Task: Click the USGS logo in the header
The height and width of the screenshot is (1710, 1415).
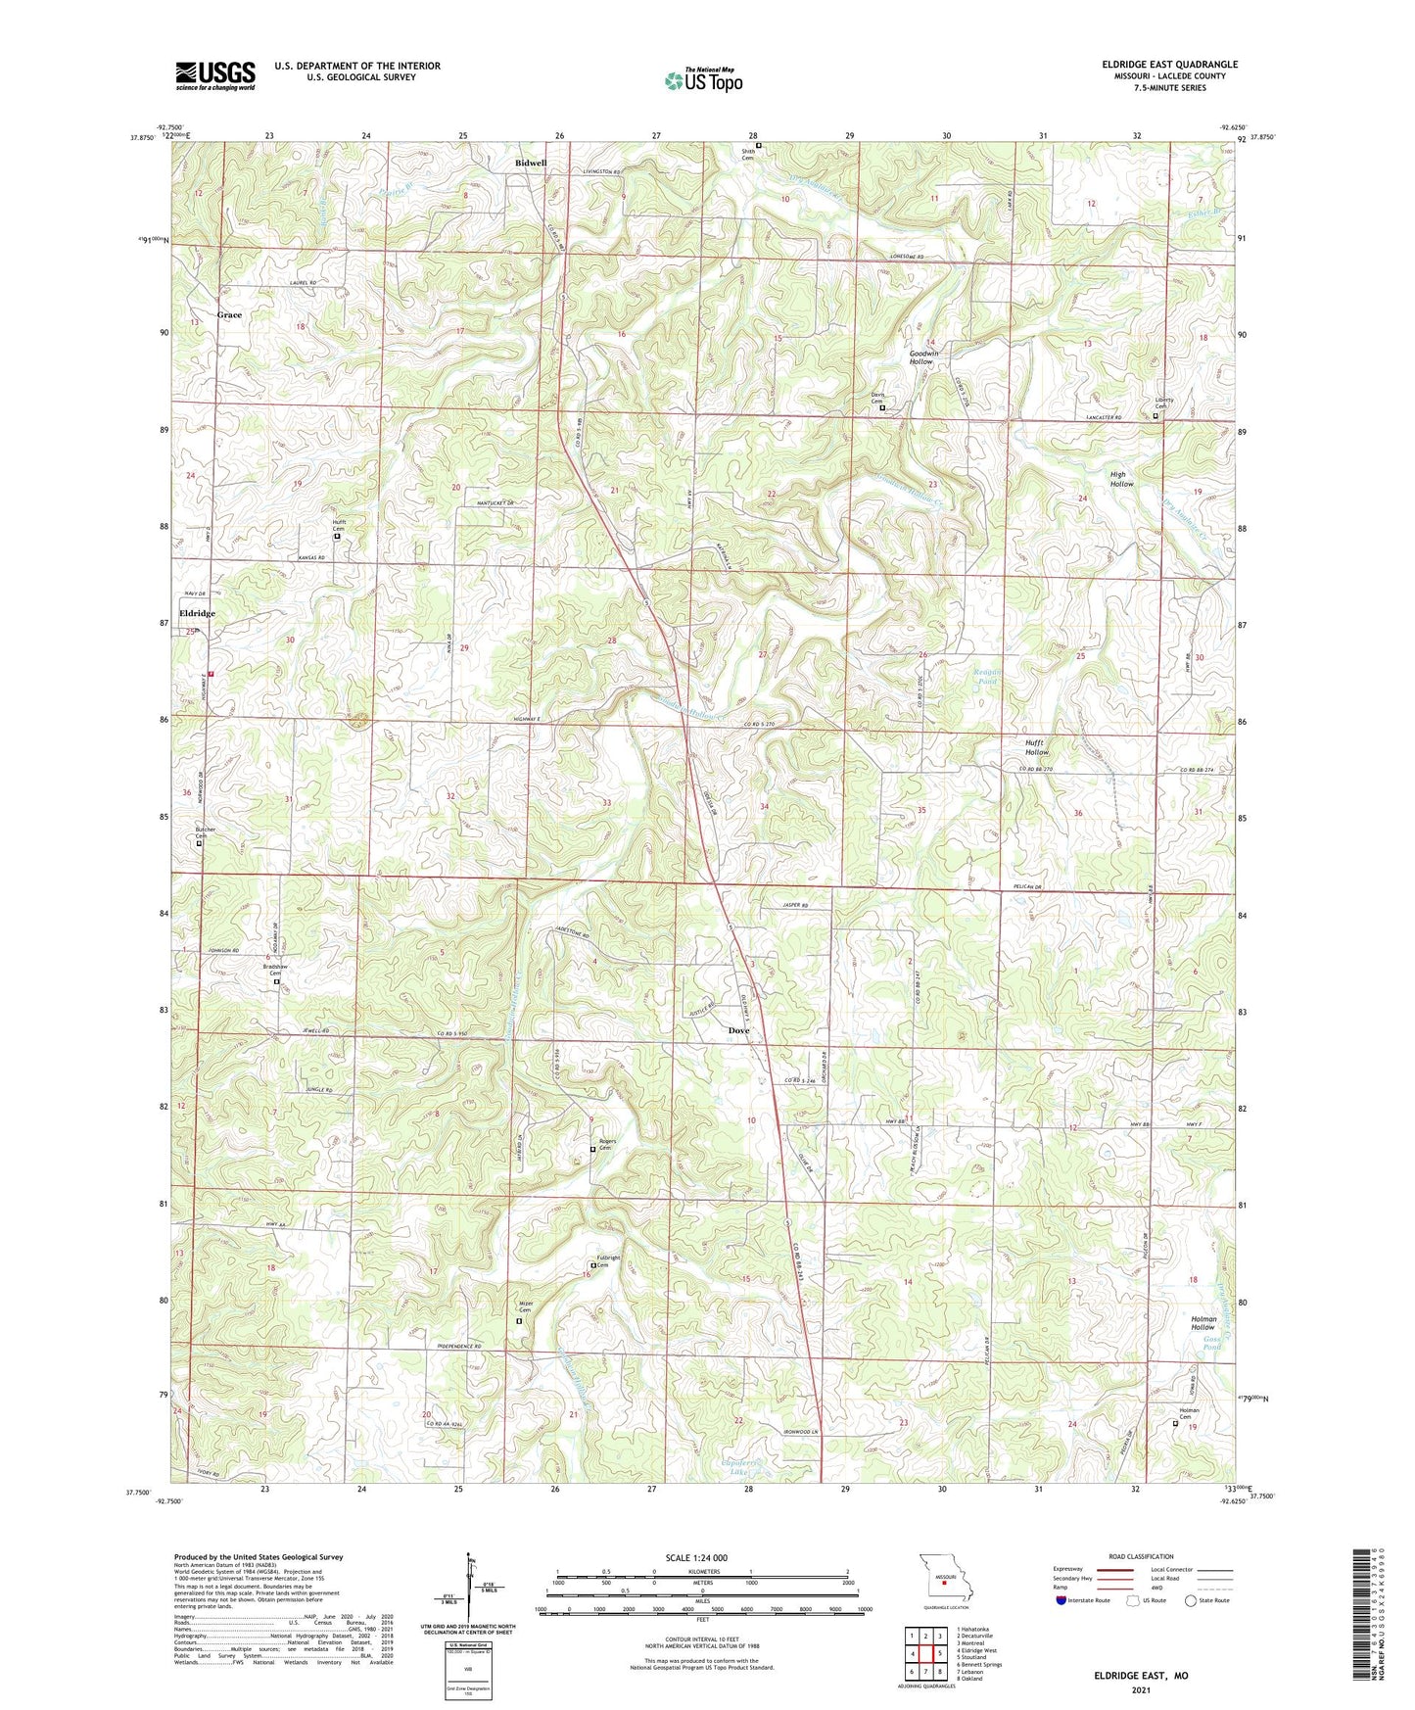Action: [x=215, y=75]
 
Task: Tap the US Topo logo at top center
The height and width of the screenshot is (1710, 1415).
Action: [x=702, y=79]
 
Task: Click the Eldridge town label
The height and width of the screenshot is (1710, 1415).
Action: [x=197, y=613]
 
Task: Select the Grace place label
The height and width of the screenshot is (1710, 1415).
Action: [x=229, y=315]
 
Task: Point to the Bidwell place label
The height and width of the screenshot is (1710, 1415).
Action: [x=531, y=163]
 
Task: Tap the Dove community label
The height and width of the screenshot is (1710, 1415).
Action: [x=738, y=1030]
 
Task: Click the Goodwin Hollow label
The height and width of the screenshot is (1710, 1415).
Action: [x=921, y=357]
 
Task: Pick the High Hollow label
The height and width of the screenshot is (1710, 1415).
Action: [x=1121, y=479]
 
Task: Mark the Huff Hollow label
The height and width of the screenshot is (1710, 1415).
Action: [x=1036, y=747]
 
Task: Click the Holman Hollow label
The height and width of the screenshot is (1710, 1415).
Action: [x=1203, y=1324]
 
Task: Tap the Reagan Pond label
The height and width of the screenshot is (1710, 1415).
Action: [x=985, y=675]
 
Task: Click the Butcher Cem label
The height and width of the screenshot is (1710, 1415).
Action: [x=205, y=832]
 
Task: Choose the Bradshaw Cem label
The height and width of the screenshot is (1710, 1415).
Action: [x=276, y=969]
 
